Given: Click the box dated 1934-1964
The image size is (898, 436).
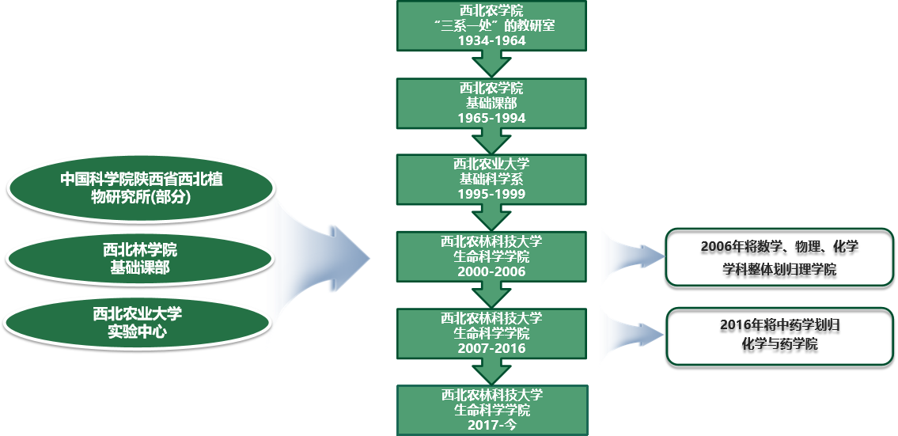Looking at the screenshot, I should click(x=491, y=25).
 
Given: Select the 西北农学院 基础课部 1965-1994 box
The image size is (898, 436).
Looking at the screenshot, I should click(x=491, y=102).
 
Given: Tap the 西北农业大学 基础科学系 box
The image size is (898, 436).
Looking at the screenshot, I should click(x=491, y=179).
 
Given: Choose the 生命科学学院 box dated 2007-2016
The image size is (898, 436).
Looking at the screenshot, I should click(x=491, y=332).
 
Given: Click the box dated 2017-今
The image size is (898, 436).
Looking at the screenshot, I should click(x=491, y=410).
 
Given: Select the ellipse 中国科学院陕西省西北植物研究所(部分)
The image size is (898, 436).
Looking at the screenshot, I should click(x=141, y=188).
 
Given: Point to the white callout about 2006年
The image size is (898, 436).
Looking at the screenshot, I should click(x=779, y=257).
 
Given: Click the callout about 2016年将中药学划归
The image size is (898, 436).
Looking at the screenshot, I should click(x=779, y=336).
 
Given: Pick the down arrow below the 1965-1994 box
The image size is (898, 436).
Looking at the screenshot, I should click(x=491, y=140).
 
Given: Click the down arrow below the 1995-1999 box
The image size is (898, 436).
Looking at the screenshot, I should click(x=491, y=218).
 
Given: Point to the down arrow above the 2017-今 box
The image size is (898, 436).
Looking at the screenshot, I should click(x=491, y=372).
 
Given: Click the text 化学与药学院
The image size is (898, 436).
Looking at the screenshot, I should click(x=779, y=345).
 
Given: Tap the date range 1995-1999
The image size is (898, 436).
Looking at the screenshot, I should click(x=491, y=194).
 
